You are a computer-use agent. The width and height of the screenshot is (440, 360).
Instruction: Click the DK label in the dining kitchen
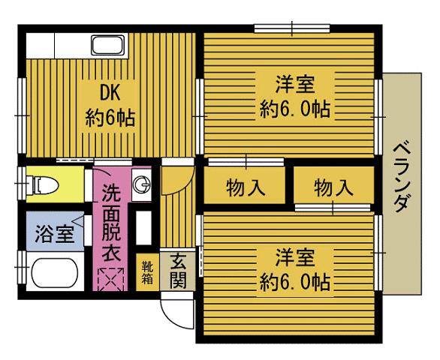point(109,92)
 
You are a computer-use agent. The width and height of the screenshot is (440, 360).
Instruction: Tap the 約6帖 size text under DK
point(109,118)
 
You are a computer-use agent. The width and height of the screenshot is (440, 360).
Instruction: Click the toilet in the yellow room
point(46,184)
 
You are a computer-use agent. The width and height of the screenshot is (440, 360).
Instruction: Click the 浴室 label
point(54,233)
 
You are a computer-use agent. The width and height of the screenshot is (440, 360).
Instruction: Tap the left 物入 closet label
point(246,186)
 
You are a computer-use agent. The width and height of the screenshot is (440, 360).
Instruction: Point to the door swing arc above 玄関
point(174,180)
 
